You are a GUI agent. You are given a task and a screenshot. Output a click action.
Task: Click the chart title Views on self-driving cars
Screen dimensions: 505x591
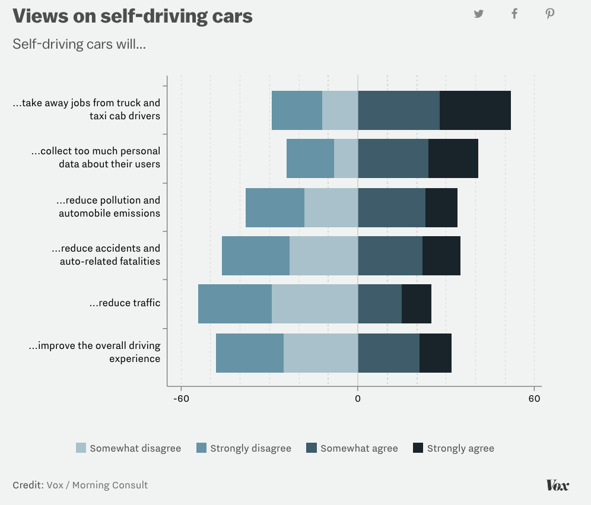point(132,17)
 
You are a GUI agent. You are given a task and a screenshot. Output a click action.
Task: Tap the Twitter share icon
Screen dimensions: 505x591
point(479,14)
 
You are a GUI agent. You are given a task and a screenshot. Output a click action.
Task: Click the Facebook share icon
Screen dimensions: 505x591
point(514,14)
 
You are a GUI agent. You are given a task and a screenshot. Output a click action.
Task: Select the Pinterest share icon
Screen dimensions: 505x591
point(550,14)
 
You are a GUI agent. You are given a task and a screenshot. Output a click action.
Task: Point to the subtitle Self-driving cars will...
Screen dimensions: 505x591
point(79,44)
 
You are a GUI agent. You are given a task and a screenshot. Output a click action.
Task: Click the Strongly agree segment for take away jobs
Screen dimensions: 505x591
point(475,110)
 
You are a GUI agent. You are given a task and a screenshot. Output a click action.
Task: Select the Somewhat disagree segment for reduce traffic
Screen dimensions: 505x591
point(314,304)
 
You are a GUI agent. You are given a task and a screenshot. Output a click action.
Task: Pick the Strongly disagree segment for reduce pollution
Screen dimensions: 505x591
point(275,208)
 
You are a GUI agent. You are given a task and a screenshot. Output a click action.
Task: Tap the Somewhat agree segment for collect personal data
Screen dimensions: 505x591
point(393,158)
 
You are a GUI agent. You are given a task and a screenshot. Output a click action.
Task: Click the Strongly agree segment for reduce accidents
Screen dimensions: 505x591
point(441,256)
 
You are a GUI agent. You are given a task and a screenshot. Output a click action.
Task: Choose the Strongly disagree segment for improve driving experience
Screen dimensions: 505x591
point(250,353)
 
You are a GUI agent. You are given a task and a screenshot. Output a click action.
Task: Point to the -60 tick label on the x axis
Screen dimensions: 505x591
point(181,399)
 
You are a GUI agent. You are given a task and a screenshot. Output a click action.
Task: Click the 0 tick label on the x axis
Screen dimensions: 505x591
point(358,399)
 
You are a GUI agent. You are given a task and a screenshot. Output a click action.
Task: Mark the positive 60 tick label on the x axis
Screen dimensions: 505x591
point(534,399)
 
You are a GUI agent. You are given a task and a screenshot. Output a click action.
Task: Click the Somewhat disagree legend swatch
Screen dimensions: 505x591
point(81,448)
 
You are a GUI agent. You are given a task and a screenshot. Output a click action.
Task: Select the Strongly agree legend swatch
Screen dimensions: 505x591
point(418,448)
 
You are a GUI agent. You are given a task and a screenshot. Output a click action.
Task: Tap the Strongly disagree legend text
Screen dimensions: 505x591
point(250,449)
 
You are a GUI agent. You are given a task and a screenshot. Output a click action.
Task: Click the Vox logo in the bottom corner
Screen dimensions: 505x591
point(557,485)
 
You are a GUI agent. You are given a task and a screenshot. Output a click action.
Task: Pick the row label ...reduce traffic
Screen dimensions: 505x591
point(125,303)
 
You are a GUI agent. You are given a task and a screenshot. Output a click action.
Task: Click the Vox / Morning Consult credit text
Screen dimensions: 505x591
point(97,485)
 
